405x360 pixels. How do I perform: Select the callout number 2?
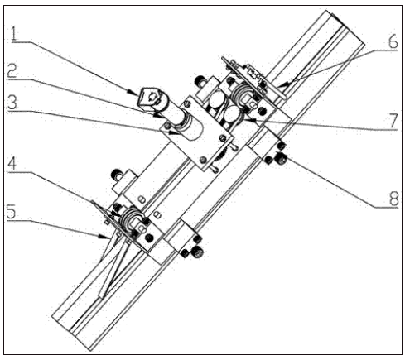click(12, 71)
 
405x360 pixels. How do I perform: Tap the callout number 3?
click(12, 103)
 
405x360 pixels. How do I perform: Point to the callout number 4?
click(12, 164)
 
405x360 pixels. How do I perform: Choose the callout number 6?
click(393, 41)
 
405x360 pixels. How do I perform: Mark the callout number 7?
click(393, 121)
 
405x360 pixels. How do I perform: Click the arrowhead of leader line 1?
click(134, 92)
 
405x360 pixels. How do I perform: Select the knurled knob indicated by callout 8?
click(282, 159)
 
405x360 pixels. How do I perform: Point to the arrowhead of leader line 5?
click(103, 237)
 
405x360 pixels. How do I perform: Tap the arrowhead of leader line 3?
click(174, 132)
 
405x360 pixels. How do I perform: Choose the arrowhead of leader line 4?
click(117, 213)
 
